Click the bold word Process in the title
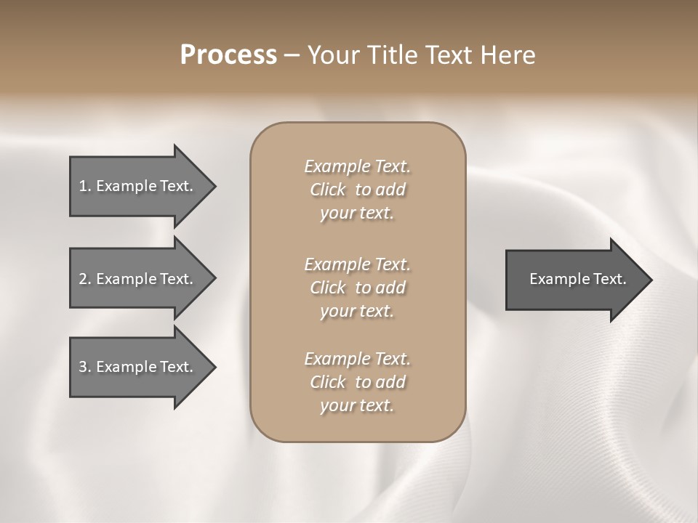[228, 55]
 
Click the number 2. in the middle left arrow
[85, 279]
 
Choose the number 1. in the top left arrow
[85, 186]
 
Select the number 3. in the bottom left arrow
[85, 367]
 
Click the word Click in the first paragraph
[328, 190]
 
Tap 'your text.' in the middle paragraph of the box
[357, 311]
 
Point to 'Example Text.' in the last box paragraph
[357, 359]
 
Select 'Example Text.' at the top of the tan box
[357, 166]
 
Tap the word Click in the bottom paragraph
[328, 382]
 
